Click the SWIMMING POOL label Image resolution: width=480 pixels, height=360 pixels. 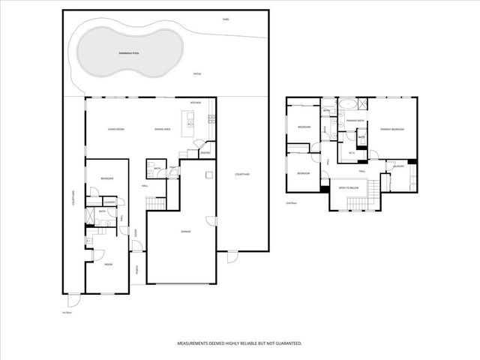pyautogui.click(x=129, y=54)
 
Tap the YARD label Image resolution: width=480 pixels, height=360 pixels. pyautogui.click(x=225, y=19)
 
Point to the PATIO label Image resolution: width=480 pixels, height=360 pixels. pyautogui.click(x=198, y=74)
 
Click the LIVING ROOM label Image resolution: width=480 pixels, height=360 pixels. pyautogui.click(x=115, y=129)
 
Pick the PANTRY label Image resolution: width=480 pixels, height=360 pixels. pyautogui.click(x=204, y=153)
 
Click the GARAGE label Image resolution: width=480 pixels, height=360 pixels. pyautogui.click(x=185, y=232)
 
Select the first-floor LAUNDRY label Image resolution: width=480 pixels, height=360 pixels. pyautogui.click(x=109, y=202)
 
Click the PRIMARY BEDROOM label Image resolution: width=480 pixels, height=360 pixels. pyautogui.click(x=391, y=130)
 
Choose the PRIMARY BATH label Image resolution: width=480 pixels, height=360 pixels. pyautogui.click(x=355, y=120)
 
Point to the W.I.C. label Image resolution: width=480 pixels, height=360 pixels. pyautogui.click(x=352, y=153)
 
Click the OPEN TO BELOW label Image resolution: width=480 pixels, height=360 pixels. pyautogui.click(x=349, y=187)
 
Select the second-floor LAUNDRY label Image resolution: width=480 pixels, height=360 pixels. pyautogui.click(x=398, y=166)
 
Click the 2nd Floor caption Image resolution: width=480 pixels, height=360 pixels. pyautogui.click(x=292, y=203)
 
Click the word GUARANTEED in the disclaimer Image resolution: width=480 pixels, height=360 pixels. pyautogui.click(x=286, y=343)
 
